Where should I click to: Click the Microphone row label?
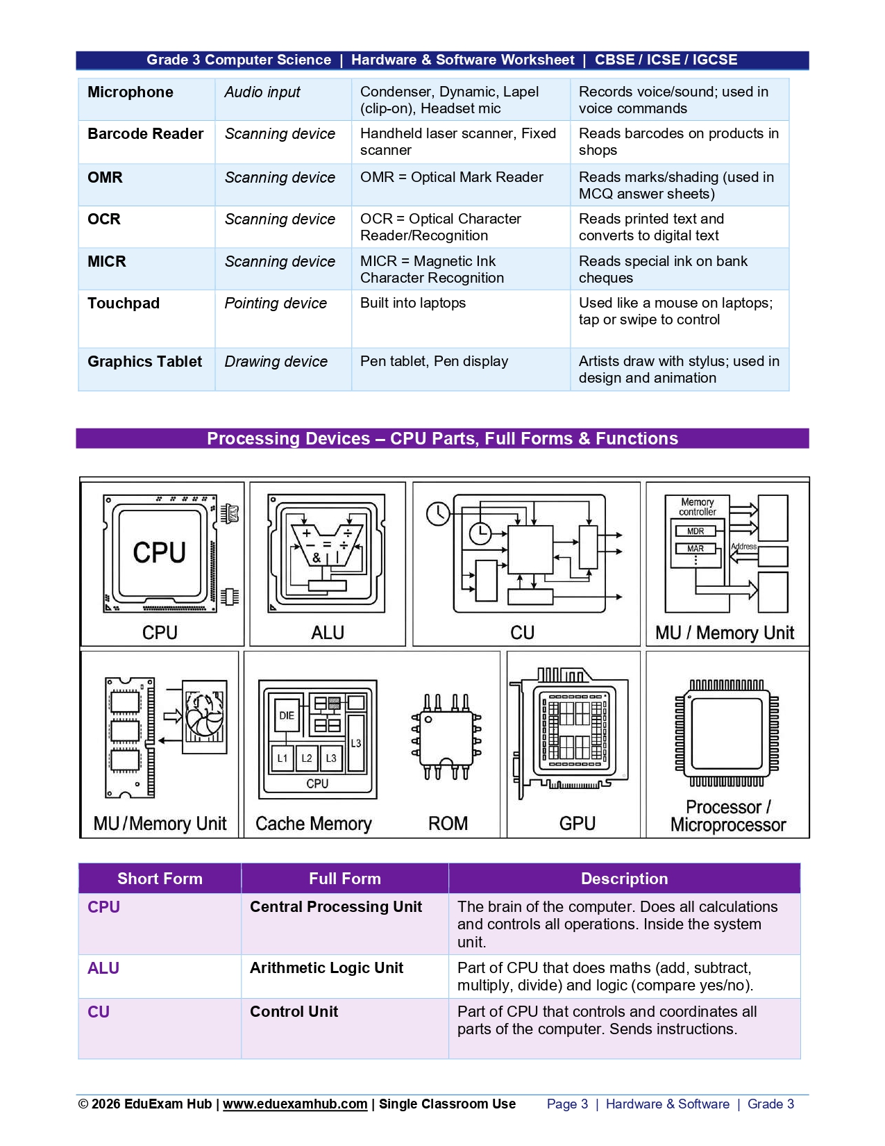tap(130, 92)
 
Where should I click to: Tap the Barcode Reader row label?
tap(146, 134)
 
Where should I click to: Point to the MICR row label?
tap(106, 262)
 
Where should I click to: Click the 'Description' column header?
tap(624, 878)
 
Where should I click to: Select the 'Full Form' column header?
tap(345, 878)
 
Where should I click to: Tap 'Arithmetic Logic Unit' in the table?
tap(326, 968)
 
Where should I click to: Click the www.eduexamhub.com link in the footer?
tap(294, 1104)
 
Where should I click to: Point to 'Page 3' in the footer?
tap(567, 1104)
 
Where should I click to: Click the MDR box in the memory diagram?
tap(696, 531)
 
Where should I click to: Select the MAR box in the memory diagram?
tap(696, 549)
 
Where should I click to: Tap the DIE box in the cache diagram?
tap(287, 715)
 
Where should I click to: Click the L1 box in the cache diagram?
tap(283, 758)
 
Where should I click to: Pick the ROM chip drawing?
tap(446, 737)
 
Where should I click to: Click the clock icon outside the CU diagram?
tap(438, 514)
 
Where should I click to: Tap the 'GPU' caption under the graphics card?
tap(578, 823)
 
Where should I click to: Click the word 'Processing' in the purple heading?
tap(288, 438)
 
